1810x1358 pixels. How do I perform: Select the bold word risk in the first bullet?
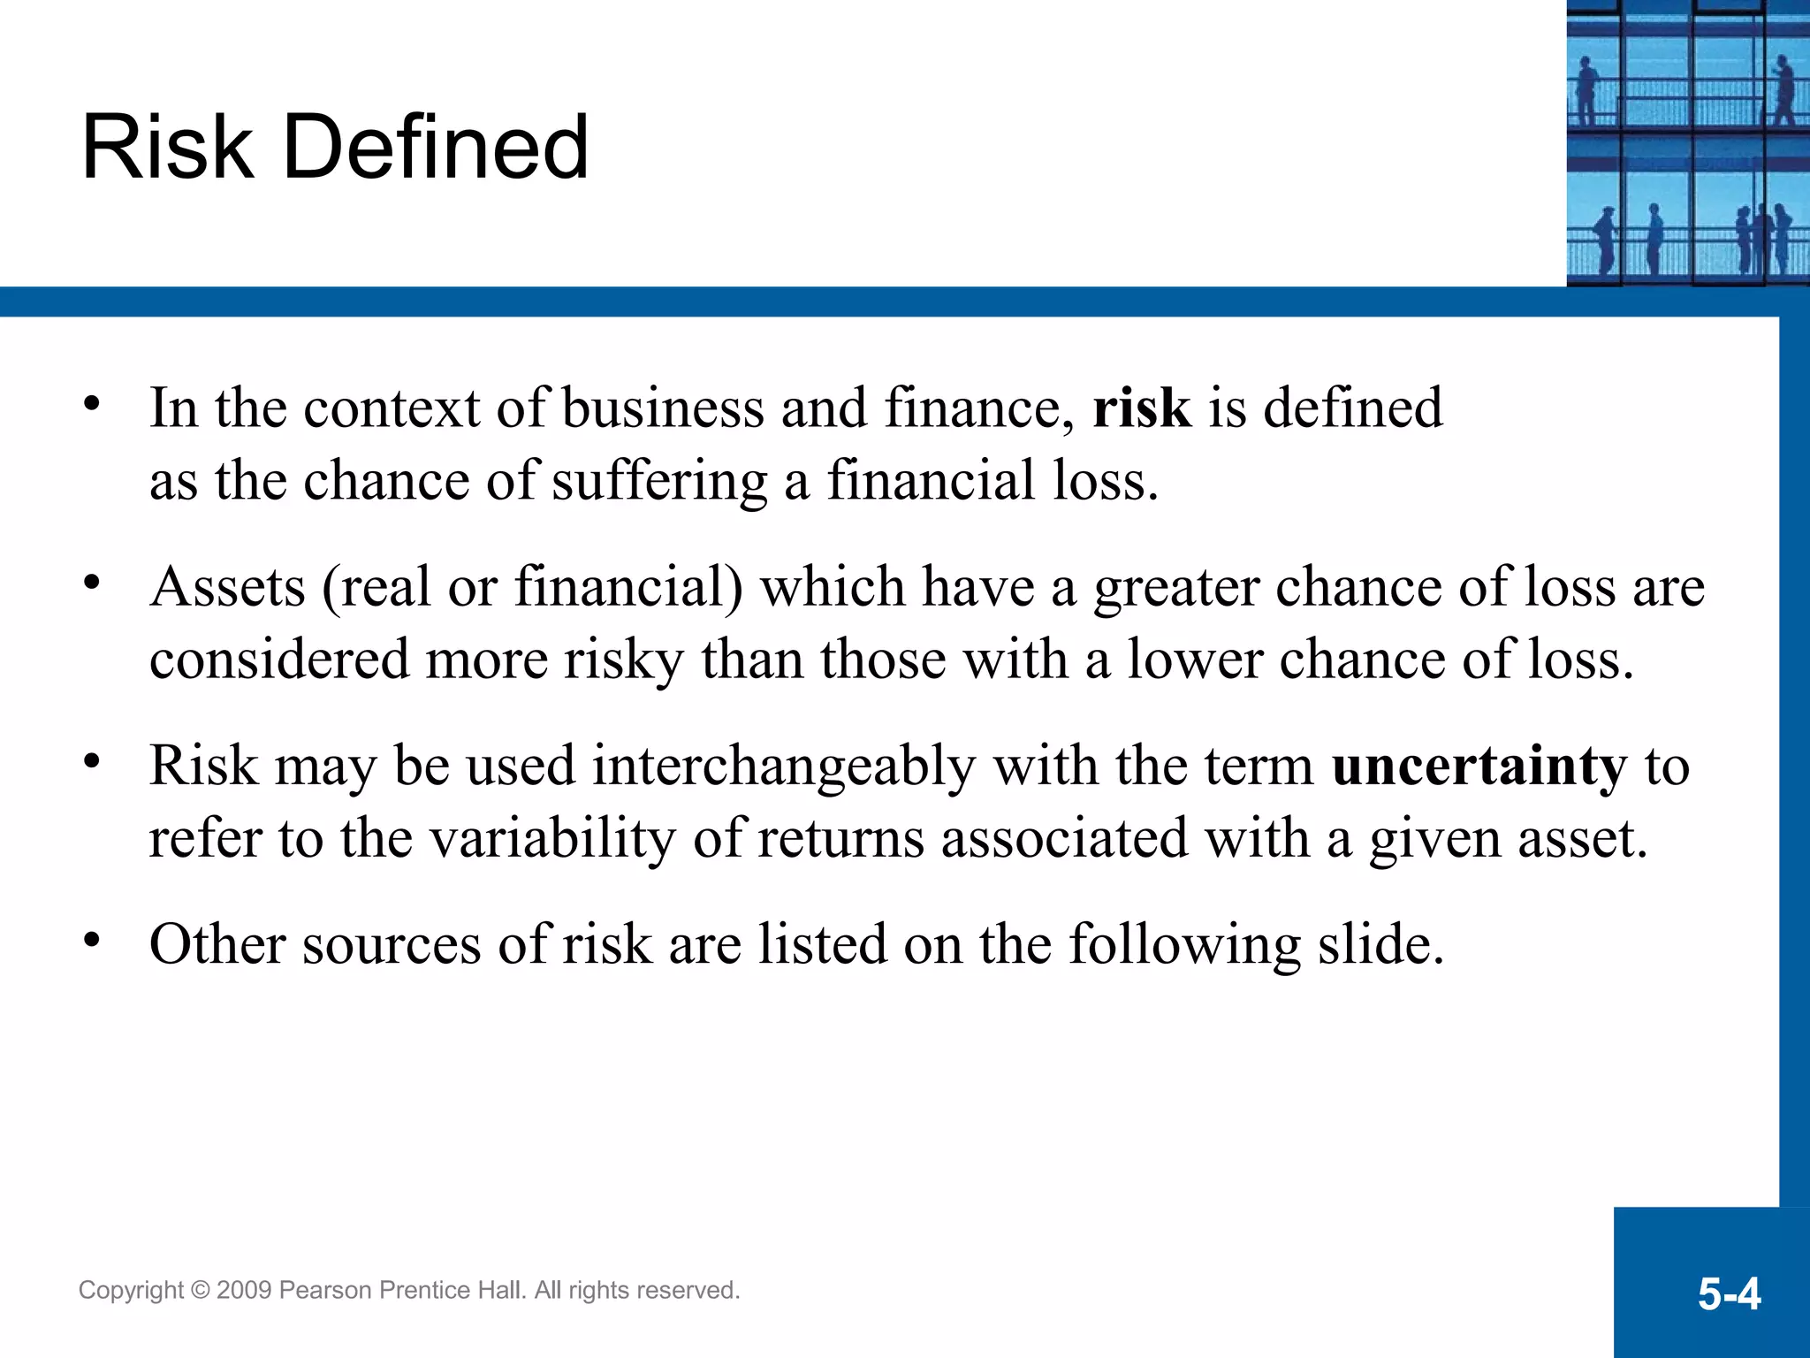pyautogui.click(x=1142, y=408)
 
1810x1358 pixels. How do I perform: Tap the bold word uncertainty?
pyautogui.click(x=1479, y=767)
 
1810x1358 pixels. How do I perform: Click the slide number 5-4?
pyautogui.click(x=1729, y=1294)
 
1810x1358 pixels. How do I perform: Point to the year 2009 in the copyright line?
pyautogui.click(x=244, y=1291)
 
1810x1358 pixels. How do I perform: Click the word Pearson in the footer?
pyautogui.click(x=325, y=1291)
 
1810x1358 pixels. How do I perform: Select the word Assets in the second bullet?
pyautogui.click(x=227, y=587)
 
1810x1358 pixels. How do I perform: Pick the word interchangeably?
pyautogui.click(x=784, y=767)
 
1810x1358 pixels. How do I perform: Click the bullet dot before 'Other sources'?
pyautogui.click(x=92, y=940)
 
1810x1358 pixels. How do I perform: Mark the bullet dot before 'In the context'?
pyautogui.click(x=92, y=404)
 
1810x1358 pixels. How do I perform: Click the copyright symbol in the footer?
pyautogui.click(x=200, y=1291)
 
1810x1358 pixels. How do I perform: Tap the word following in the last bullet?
pyautogui.click(x=1184, y=945)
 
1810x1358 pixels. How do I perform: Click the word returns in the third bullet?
pyautogui.click(x=840, y=839)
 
